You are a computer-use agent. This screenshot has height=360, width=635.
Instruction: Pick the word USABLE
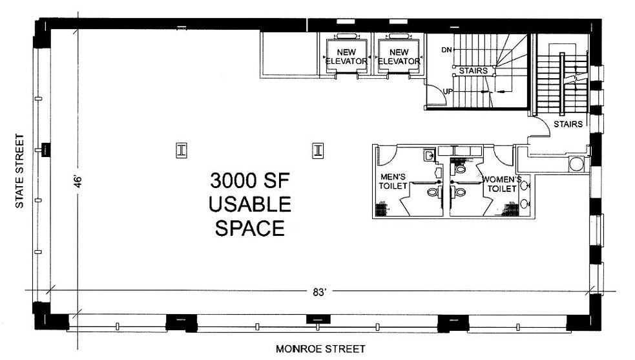[x=250, y=205]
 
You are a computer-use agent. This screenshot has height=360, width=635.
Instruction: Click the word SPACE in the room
[x=250, y=228]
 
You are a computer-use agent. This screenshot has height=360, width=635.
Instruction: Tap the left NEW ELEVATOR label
[x=346, y=57]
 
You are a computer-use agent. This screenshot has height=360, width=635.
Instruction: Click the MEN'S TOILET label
[x=393, y=182]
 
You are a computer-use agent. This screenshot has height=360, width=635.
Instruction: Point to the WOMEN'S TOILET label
[x=500, y=184]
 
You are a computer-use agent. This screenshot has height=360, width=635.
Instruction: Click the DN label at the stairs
[x=446, y=50]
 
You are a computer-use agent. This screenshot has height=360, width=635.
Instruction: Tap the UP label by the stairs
[x=447, y=91]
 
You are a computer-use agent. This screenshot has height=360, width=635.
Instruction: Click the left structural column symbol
[x=182, y=150]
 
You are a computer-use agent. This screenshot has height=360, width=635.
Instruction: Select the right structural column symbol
[x=317, y=150]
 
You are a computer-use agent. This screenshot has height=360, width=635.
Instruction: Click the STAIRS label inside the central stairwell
[x=473, y=70]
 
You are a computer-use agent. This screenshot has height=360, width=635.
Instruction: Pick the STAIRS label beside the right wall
[x=568, y=123]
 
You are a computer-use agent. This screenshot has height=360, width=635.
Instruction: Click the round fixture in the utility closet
[x=576, y=164]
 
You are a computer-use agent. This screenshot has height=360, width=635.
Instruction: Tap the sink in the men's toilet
[x=428, y=155]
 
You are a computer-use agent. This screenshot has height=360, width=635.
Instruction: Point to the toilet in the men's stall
[x=433, y=192]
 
